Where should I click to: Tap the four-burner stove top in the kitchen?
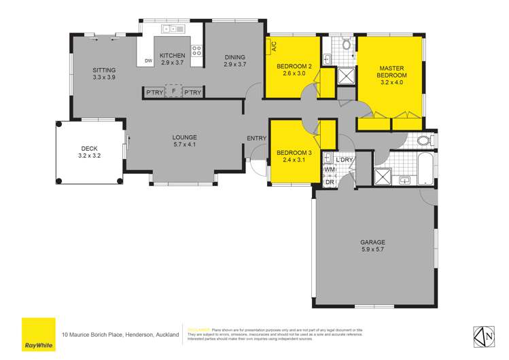[196, 50]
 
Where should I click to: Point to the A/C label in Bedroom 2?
[274, 47]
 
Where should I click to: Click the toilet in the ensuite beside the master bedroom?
[346, 45]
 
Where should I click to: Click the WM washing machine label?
[329, 170]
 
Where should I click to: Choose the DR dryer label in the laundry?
[329, 181]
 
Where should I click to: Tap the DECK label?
[90, 148]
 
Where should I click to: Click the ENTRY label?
[257, 139]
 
